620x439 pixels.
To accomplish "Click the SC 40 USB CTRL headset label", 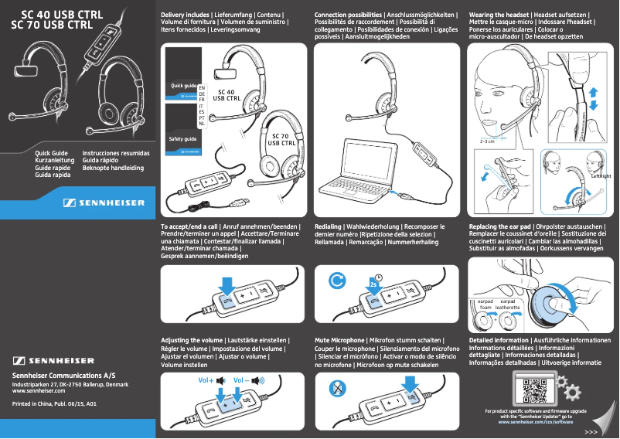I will [227, 95].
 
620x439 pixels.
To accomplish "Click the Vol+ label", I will [206, 380].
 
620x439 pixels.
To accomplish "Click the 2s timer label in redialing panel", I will [373, 284].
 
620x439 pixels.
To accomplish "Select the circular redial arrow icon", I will [337, 281].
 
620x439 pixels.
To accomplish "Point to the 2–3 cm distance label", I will [487, 142].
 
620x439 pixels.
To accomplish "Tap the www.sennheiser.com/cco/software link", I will [536, 423].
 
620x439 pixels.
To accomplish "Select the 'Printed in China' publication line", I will [55, 404].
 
